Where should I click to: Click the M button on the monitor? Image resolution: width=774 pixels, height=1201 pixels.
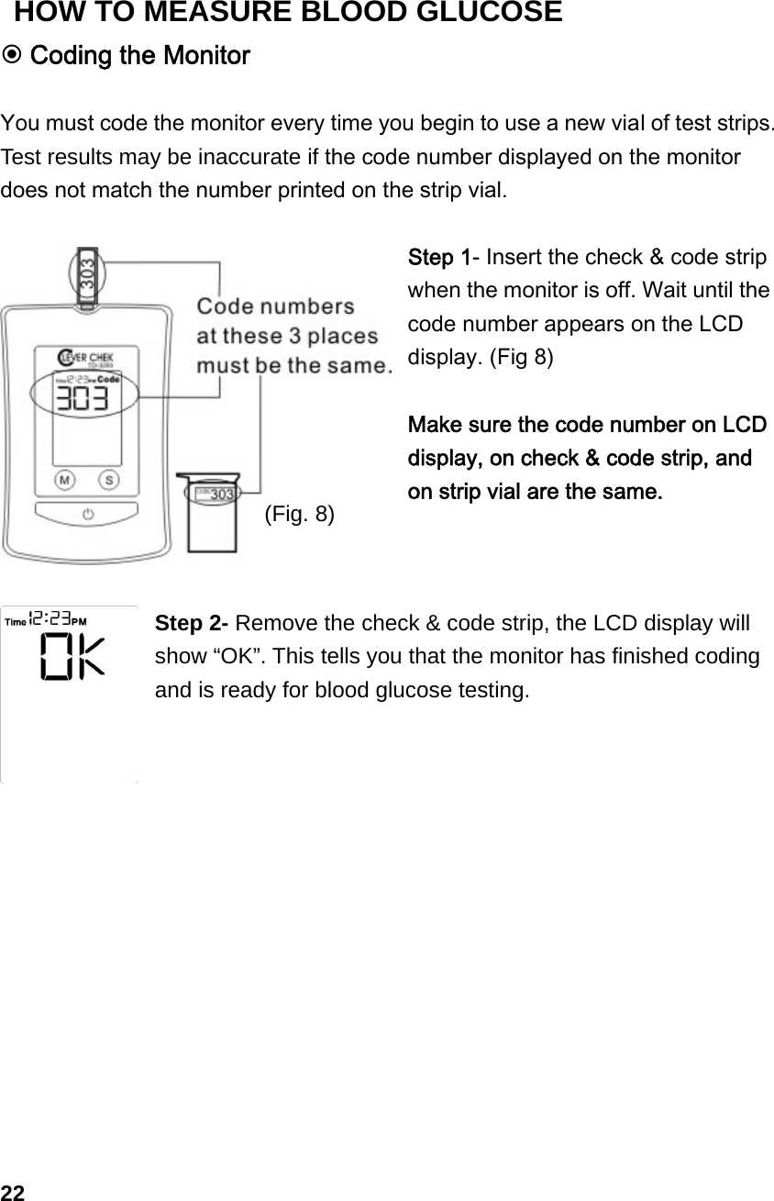click(x=65, y=479)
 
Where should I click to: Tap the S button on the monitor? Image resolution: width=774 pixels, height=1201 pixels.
click(x=109, y=479)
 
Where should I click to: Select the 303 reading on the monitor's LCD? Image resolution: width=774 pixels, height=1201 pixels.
click(x=81, y=401)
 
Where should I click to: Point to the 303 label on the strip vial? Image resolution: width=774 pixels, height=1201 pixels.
click(x=221, y=494)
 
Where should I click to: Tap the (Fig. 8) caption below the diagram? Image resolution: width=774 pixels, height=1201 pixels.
click(x=299, y=513)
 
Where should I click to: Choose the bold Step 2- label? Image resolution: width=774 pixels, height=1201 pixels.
click(x=193, y=624)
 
